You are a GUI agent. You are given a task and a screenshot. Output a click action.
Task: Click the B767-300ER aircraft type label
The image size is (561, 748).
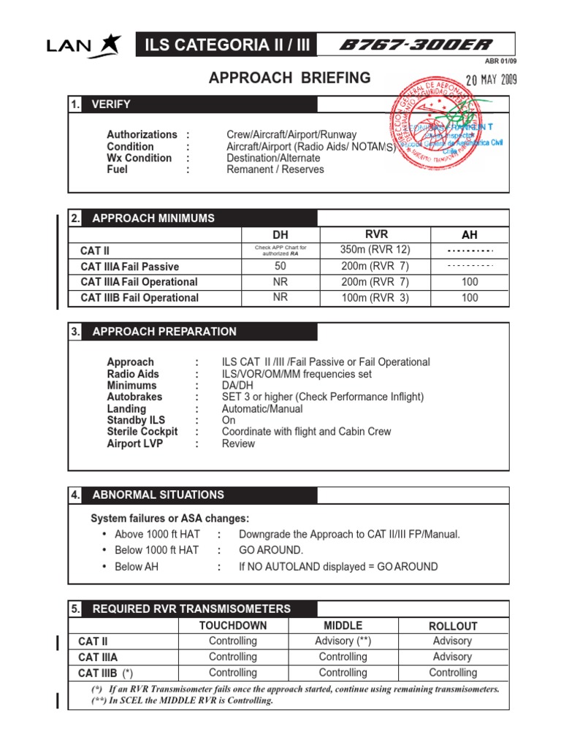click(x=415, y=45)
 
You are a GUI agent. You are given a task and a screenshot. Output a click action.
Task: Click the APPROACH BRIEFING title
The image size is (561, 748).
click(x=290, y=78)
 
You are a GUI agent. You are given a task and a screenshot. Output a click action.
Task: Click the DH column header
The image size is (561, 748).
click(x=280, y=235)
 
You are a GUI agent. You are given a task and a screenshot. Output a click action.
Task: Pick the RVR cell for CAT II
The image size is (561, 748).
click(x=370, y=250)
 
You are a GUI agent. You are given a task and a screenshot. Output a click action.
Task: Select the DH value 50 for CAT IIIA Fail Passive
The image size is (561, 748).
click(x=280, y=267)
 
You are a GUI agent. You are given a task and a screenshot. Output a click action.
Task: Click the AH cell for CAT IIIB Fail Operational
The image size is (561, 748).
click(x=470, y=297)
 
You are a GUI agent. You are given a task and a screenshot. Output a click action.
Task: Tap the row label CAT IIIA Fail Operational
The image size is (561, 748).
click(x=139, y=282)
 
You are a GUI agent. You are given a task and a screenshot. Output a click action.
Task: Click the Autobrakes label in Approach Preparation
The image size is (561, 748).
click(x=134, y=397)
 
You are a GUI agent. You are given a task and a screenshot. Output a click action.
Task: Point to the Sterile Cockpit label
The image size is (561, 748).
click(x=142, y=432)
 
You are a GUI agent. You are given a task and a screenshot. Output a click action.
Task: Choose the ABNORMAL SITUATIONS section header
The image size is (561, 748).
click(x=158, y=495)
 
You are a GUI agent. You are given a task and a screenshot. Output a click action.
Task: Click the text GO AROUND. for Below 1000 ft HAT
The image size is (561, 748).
click(x=270, y=550)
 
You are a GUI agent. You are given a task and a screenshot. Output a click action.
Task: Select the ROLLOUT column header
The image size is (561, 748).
click(x=452, y=626)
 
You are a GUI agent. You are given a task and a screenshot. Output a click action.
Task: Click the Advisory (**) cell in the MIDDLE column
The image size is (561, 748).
click(x=343, y=641)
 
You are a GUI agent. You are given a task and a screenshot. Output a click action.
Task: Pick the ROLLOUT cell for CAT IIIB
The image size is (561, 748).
click(x=452, y=673)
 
